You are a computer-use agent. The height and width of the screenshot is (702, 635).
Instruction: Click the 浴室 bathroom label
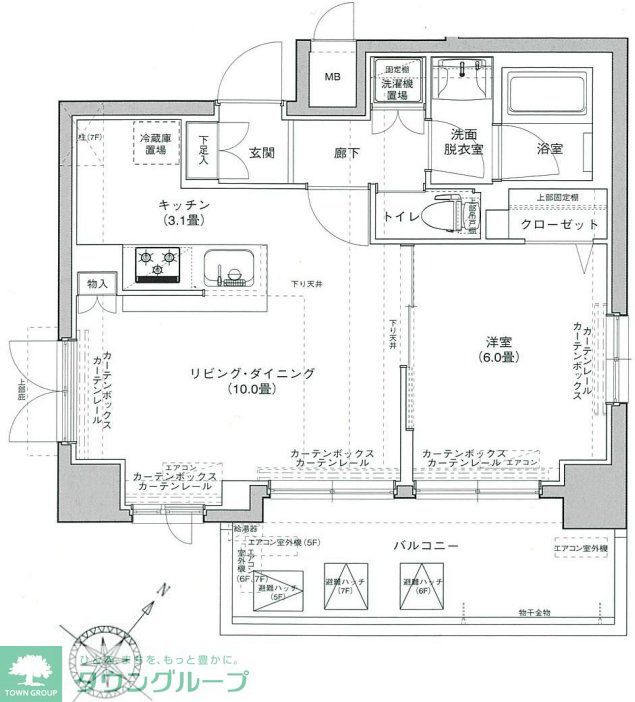pyautogui.click(x=550, y=148)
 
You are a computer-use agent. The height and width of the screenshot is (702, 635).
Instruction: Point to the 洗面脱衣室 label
pyautogui.click(x=465, y=141)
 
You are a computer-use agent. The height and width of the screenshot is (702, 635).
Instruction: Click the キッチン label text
pyautogui.click(x=188, y=205)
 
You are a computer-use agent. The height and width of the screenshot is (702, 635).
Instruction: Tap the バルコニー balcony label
pyautogui.click(x=425, y=546)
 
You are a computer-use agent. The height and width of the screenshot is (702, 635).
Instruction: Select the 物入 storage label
pyautogui.click(x=97, y=285)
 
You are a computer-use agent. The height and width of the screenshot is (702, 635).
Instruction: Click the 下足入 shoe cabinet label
pyautogui.click(x=203, y=149)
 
